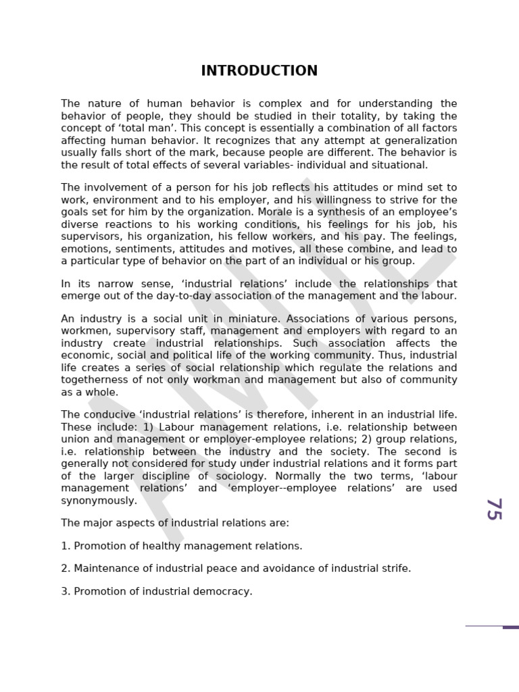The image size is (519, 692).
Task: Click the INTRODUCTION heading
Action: click(259, 71)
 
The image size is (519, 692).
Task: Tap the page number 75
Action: click(494, 509)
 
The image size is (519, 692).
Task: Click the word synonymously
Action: click(99, 501)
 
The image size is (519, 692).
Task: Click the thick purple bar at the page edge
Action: click(511, 627)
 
